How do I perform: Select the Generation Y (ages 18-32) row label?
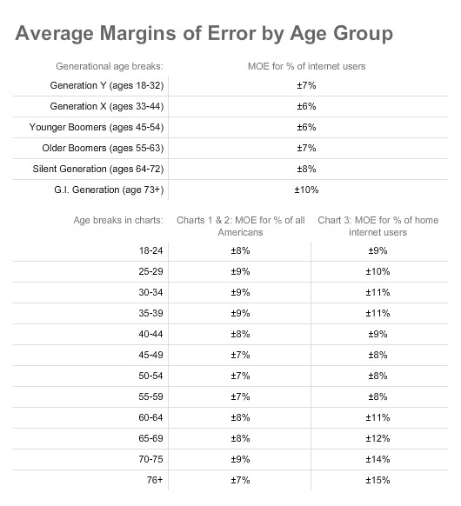click(x=107, y=85)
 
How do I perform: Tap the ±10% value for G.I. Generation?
click(x=306, y=190)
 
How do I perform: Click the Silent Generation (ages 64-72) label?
click(x=98, y=169)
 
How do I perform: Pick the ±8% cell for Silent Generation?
click(x=306, y=169)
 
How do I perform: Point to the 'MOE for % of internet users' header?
click(x=306, y=66)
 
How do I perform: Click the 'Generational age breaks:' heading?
click(x=110, y=66)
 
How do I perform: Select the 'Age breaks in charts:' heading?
click(x=118, y=220)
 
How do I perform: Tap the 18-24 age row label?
click(x=150, y=250)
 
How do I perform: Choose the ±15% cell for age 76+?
click(x=377, y=480)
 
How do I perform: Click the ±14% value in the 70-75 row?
click(x=377, y=459)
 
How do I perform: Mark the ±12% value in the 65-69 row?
click(x=377, y=438)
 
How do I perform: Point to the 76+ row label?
click(x=155, y=480)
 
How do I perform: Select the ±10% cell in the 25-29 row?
click(x=377, y=272)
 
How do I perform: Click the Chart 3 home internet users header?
click(x=378, y=226)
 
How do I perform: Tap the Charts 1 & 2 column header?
click(x=241, y=226)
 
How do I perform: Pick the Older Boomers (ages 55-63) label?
click(x=103, y=148)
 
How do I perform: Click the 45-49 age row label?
click(x=150, y=355)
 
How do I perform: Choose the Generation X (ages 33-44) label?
click(x=107, y=106)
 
